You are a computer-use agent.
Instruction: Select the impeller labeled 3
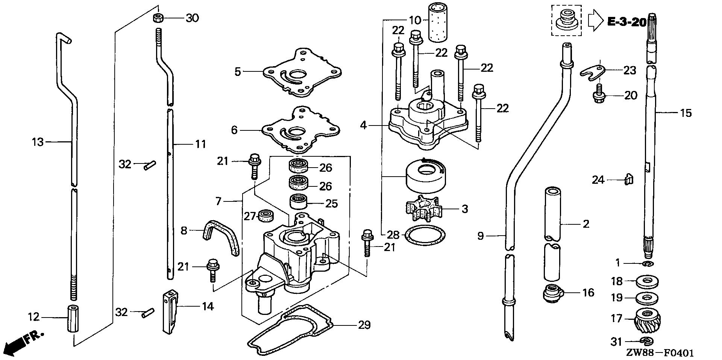click(423, 209)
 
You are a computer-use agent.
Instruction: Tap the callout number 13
click(38, 142)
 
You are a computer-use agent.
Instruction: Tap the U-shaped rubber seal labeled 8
click(221, 237)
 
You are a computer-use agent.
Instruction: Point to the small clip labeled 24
click(629, 179)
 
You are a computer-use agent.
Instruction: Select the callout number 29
click(364, 325)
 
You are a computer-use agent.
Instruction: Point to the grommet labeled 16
click(552, 292)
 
